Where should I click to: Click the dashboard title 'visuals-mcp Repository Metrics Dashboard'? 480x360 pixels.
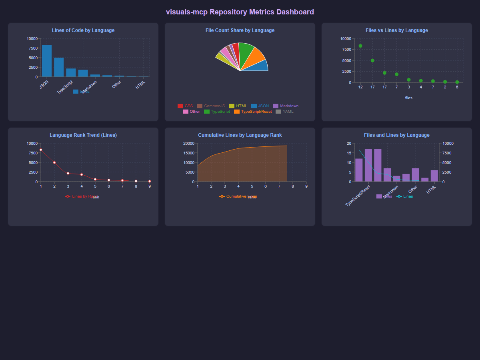(240, 12)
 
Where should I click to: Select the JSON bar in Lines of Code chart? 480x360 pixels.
(47, 61)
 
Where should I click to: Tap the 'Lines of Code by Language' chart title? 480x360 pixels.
(83, 30)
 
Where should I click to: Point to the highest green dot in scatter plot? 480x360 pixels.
(360, 46)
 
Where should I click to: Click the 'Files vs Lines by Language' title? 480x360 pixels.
(397, 30)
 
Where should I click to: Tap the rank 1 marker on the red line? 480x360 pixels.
(41, 150)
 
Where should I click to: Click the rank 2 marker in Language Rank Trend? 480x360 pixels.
(54, 162)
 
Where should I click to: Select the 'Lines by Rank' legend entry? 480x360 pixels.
(82, 196)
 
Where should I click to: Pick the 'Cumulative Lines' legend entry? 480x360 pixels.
(238, 196)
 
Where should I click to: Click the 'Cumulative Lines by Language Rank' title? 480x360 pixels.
(240, 135)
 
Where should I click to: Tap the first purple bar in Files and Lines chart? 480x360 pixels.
(359, 170)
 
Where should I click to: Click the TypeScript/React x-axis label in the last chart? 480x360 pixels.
(358, 195)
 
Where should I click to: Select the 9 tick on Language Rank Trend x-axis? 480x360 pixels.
(150, 186)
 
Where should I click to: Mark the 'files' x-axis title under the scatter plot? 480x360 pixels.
(408, 98)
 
